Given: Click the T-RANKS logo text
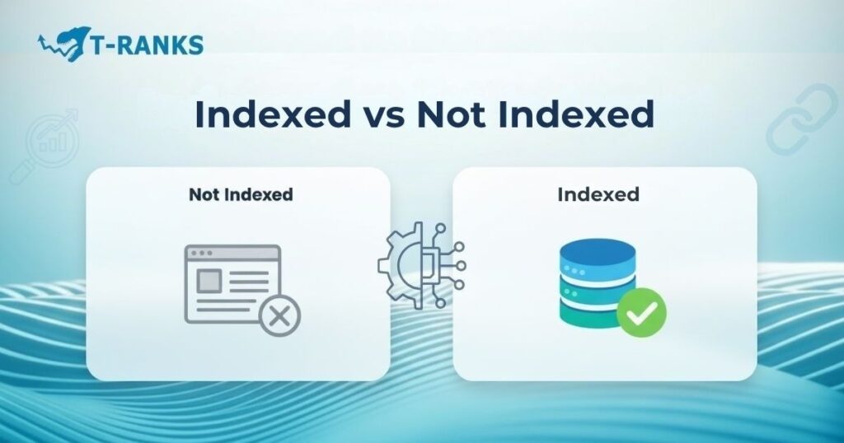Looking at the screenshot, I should click(x=149, y=44).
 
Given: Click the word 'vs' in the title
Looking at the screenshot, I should click(x=382, y=116).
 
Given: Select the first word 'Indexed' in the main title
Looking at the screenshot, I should click(x=272, y=116).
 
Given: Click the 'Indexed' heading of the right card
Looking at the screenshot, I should click(x=598, y=195).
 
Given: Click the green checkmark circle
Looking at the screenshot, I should click(x=641, y=313).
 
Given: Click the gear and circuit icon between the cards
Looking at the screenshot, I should click(x=420, y=265).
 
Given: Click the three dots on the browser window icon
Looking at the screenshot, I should click(x=200, y=254).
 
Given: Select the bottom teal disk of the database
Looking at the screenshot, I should click(x=588, y=314).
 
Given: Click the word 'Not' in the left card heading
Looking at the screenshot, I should click(x=204, y=195).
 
